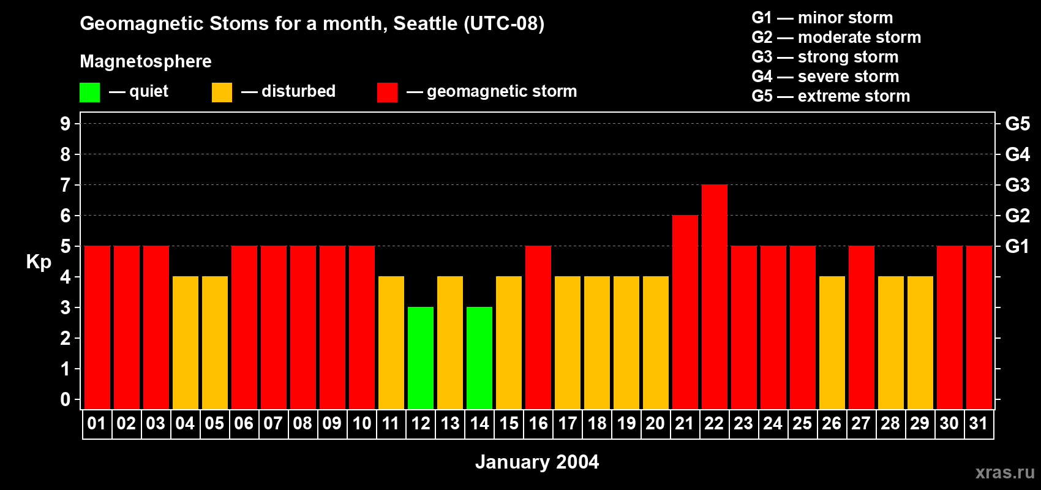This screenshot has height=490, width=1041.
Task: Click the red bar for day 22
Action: coord(715,297)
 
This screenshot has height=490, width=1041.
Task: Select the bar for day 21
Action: coord(685,312)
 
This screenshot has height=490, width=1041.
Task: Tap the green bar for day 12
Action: coord(421,358)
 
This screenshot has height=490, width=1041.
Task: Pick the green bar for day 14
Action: coord(479,358)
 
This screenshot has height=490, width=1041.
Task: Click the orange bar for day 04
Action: coord(186,343)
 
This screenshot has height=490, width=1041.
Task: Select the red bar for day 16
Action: coord(538,328)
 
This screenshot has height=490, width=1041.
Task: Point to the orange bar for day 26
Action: coord(832,343)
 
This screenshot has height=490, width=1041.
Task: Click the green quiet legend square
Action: coord(89,92)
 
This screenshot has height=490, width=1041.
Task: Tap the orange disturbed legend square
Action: coord(222,92)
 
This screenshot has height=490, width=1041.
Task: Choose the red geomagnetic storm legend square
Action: coord(387,92)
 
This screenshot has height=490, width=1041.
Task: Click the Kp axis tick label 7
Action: coord(66,185)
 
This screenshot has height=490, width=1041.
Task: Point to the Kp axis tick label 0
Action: coord(66,400)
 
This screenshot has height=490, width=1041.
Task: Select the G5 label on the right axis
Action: coord(1017,124)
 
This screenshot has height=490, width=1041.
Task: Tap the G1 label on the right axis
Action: coord(1017,246)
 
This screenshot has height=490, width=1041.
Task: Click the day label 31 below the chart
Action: coord(979,424)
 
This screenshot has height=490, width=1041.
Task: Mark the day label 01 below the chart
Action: coord(97,424)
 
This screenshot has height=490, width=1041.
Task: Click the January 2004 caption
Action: coord(537,462)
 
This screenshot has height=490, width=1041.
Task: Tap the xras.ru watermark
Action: coord(1005,472)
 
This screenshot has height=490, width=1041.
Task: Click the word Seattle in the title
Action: coord(426,23)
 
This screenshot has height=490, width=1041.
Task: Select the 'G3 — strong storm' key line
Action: coord(825,57)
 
